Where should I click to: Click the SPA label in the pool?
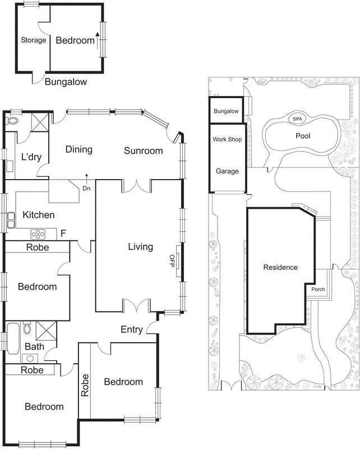pos(296,119)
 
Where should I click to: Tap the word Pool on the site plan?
pos(303,136)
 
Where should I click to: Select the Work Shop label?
pos(227,139)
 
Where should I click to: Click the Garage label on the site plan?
pos(227,171)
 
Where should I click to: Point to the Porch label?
pos(318,290)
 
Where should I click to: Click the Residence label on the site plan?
pos(280,267)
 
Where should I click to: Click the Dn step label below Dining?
pos(87,189)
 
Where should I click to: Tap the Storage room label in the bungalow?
pos(33,40)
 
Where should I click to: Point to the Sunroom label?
pos(144,150)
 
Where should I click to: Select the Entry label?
pos(132,329)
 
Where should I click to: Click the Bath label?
pos(34,347)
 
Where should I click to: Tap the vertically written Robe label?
pos(85,386)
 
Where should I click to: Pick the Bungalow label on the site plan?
pos(227,112)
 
